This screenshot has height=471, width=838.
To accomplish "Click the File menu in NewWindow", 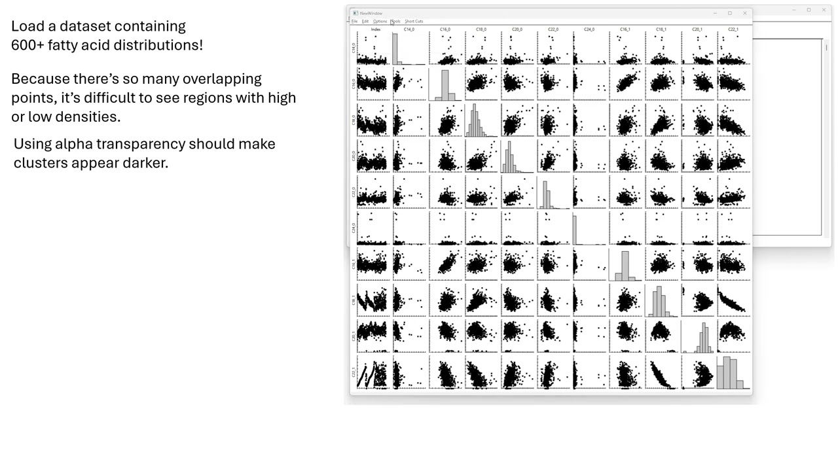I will tap(354, 22).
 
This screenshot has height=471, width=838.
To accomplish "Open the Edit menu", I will tap(365, 22).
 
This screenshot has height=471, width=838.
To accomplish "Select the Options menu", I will tap(380, 22).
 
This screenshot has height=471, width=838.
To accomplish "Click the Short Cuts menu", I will tap(414, 22).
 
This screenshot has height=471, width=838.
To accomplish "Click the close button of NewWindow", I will tap(744, 13).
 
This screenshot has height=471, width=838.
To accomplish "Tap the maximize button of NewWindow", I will tap(729, 13).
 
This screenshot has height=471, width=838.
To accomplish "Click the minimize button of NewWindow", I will tap(714, 13).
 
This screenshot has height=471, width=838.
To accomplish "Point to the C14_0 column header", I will tap(409, 29).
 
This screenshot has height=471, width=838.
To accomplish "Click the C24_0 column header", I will tap(589, 29).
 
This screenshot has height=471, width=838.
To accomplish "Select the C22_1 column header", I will tap(733, 29).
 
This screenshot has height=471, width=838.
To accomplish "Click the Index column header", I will tap(376, 29).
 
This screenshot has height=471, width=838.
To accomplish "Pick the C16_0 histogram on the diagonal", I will tap(445, 84).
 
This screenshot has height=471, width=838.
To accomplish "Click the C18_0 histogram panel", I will tap(481, 120).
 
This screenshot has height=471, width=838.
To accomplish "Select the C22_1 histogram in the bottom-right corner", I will tap(733, 372).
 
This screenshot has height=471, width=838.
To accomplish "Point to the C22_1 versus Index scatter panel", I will tap(373, 372).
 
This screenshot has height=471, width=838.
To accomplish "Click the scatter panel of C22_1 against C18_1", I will tap(661, 372).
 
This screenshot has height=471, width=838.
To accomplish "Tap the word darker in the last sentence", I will tap(145, 163).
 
